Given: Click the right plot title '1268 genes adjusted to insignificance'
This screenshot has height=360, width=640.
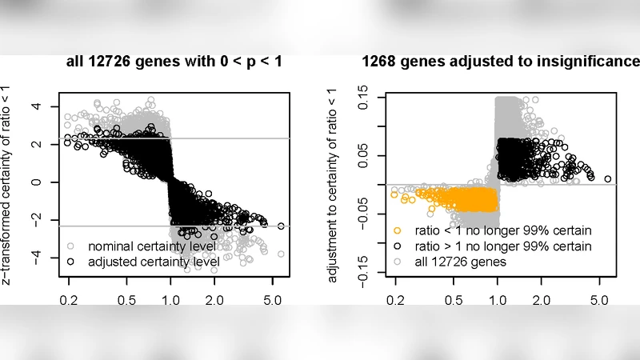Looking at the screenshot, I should pos(501,62).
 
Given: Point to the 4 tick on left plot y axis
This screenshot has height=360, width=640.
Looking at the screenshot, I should pos(34,106).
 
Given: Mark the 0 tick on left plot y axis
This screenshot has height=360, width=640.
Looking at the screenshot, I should pos(34,182).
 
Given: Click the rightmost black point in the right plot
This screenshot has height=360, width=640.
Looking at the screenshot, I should pos(607,178).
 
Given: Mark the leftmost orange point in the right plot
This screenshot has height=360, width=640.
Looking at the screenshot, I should pos(394,194).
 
